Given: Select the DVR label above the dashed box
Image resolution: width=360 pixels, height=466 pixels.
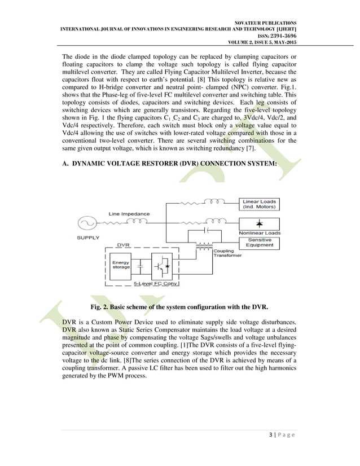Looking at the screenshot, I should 122,245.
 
